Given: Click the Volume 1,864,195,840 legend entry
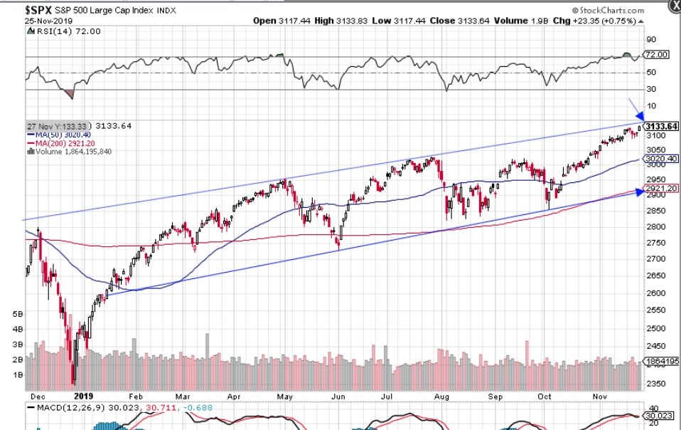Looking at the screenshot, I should point(70,151).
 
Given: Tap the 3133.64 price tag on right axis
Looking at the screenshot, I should point(660,126).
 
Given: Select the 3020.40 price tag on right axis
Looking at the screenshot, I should point(660,159).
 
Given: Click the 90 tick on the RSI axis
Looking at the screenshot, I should point(650,40).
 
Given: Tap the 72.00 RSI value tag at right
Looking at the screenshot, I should point(655,54).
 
